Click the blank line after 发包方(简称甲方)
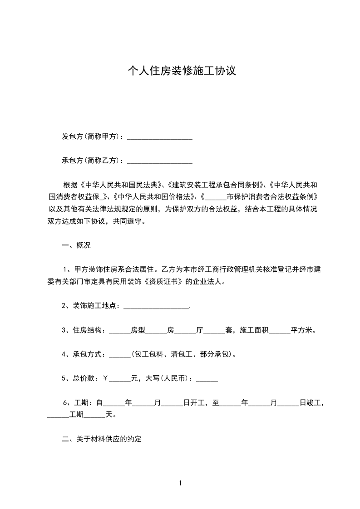(159, 137)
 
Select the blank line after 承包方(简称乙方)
(159, 161)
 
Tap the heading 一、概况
(76, 245)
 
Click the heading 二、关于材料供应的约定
(102, 440)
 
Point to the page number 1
(180, 484)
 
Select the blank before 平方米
(280, 331)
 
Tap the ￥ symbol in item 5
(105, 379)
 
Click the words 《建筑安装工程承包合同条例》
(216, 185)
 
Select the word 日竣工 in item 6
(311, 403)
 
